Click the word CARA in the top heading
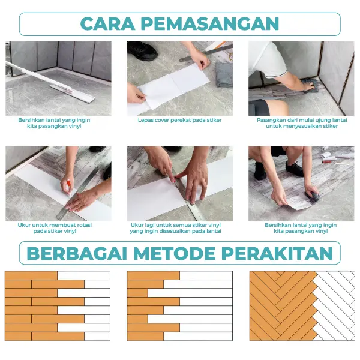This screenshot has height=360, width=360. [x=107, y=23]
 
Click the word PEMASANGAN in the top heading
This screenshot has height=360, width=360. [x=210, y=23]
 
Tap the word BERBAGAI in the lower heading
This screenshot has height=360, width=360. [x=77, y=253]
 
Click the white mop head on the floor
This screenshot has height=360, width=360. [x=73, y=94]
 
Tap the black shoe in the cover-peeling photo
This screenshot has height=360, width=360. [x=142, y=50]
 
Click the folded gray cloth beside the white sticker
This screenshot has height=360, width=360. [x=224, y=74]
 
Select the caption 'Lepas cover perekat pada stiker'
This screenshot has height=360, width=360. [x=180, y=120]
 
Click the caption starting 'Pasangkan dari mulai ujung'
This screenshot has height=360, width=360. [x=302, y=123]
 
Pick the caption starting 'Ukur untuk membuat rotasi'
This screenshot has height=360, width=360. [x=55, y=228]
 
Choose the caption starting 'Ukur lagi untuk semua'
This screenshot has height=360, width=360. [x=175, y=228]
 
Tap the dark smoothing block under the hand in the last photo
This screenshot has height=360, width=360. [x=312, y=196]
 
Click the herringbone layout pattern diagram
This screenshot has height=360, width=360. [x=302, y=306]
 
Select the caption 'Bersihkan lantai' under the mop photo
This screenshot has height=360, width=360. [x=54, y=123]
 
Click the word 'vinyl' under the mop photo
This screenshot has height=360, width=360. [x=75, y=126]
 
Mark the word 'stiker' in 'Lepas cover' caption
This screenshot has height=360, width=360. [x=214, y=120]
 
